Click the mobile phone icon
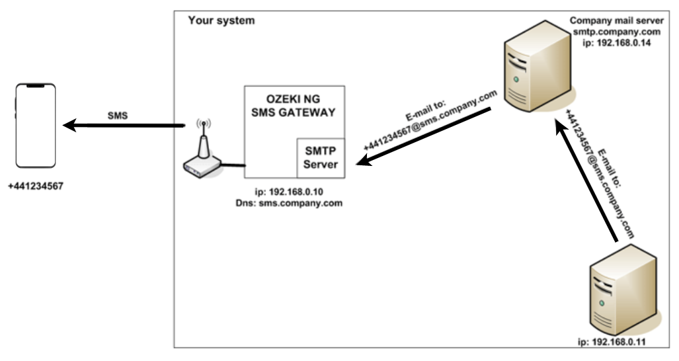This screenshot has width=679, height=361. click(x=36, y=126)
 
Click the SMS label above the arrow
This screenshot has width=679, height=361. click(x=118, y=115)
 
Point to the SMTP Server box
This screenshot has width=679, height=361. click(x=320, y=157)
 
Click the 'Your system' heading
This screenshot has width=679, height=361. click(x=221, y=20)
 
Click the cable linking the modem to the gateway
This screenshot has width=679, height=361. click(x=232, y=163)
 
